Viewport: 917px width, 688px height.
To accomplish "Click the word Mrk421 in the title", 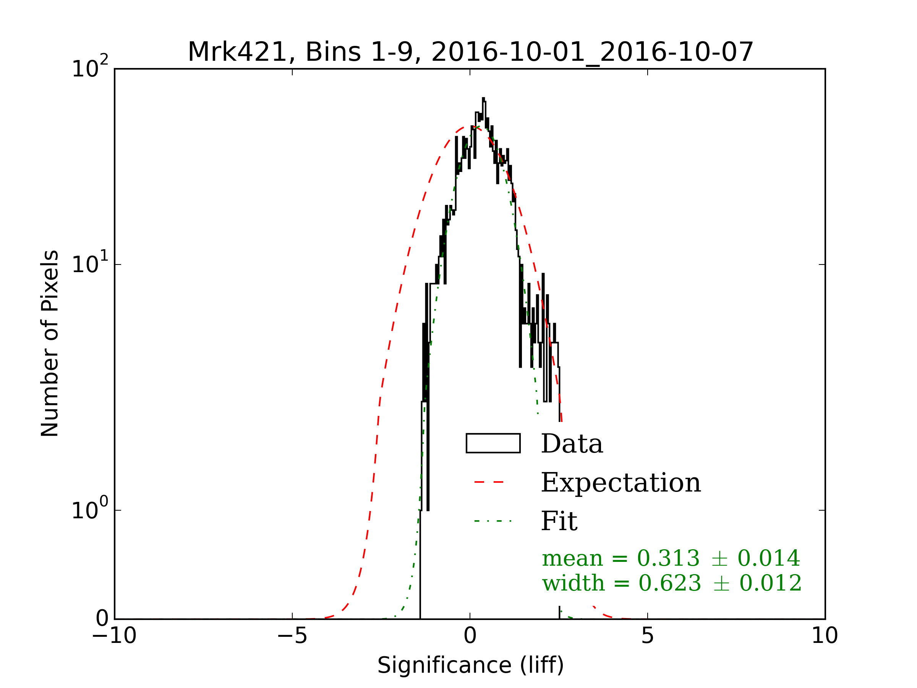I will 237,52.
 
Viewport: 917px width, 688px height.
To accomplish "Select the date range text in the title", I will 592,52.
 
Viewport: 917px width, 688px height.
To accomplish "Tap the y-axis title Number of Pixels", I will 50,343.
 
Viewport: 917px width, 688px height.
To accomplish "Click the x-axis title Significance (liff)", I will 470,665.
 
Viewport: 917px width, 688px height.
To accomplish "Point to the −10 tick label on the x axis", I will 114,635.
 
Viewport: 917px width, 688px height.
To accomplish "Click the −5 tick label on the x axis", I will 292,635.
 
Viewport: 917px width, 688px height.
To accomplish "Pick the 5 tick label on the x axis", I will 648,635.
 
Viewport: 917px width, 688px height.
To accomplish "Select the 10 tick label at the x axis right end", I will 825,635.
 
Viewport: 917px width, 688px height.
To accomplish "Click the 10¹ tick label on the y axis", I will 89,264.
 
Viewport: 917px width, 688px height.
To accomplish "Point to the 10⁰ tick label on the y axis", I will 89,509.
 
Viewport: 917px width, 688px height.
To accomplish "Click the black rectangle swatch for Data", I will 493,443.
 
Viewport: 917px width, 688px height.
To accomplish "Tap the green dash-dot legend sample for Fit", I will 493,521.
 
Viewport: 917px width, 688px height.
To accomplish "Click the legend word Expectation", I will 621,483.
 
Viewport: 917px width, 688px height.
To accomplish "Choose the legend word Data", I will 572,444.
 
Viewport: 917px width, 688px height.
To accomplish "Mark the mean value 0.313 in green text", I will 668,558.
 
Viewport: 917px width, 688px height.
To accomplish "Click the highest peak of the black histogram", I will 483,99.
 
